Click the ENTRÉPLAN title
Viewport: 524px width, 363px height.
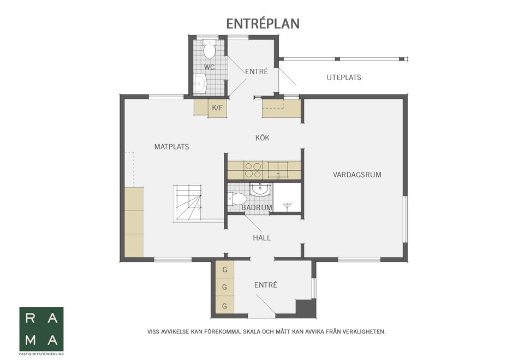(263, 23)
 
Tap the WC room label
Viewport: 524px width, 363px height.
(210, 67)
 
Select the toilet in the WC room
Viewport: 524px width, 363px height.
(210, 49)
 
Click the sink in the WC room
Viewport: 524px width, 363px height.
(200, 83)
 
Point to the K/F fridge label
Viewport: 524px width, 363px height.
(217, 108)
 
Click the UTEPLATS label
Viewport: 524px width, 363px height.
(344, 78)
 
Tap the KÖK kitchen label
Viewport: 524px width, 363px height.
(263, 138)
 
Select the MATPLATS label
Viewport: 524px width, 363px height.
(172, 147)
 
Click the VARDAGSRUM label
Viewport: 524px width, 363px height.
(357, 175)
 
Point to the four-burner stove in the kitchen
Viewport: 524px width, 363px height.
(253, 170)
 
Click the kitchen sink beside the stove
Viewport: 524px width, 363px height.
(278, 170)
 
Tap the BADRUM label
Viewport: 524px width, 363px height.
(257, 207)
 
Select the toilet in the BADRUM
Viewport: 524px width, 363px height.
(237, 199)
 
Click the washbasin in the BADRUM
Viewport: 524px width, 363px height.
(261, 189)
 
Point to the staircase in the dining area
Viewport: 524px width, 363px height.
(188, 204)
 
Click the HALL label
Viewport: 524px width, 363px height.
(261, 238)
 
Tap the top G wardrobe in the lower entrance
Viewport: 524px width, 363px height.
(224, 270)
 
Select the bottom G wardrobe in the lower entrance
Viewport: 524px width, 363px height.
(224, 306)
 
